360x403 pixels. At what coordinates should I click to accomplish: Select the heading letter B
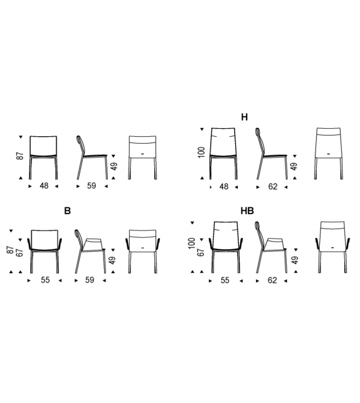pyautogui.click(x=68, y=211)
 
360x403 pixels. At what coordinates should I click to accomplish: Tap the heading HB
pyautogui.click(x=246, y=211)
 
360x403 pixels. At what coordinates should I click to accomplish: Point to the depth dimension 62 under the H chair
pyautogui.click(x=272, y=186)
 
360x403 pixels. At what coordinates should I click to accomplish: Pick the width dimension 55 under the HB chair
pyautogui.click(x=224, y=281)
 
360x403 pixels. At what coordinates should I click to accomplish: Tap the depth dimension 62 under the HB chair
pyautogui.click(x=272, y=281)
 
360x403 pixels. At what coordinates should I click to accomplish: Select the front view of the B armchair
pyautogui.click(x=44, y=249)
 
